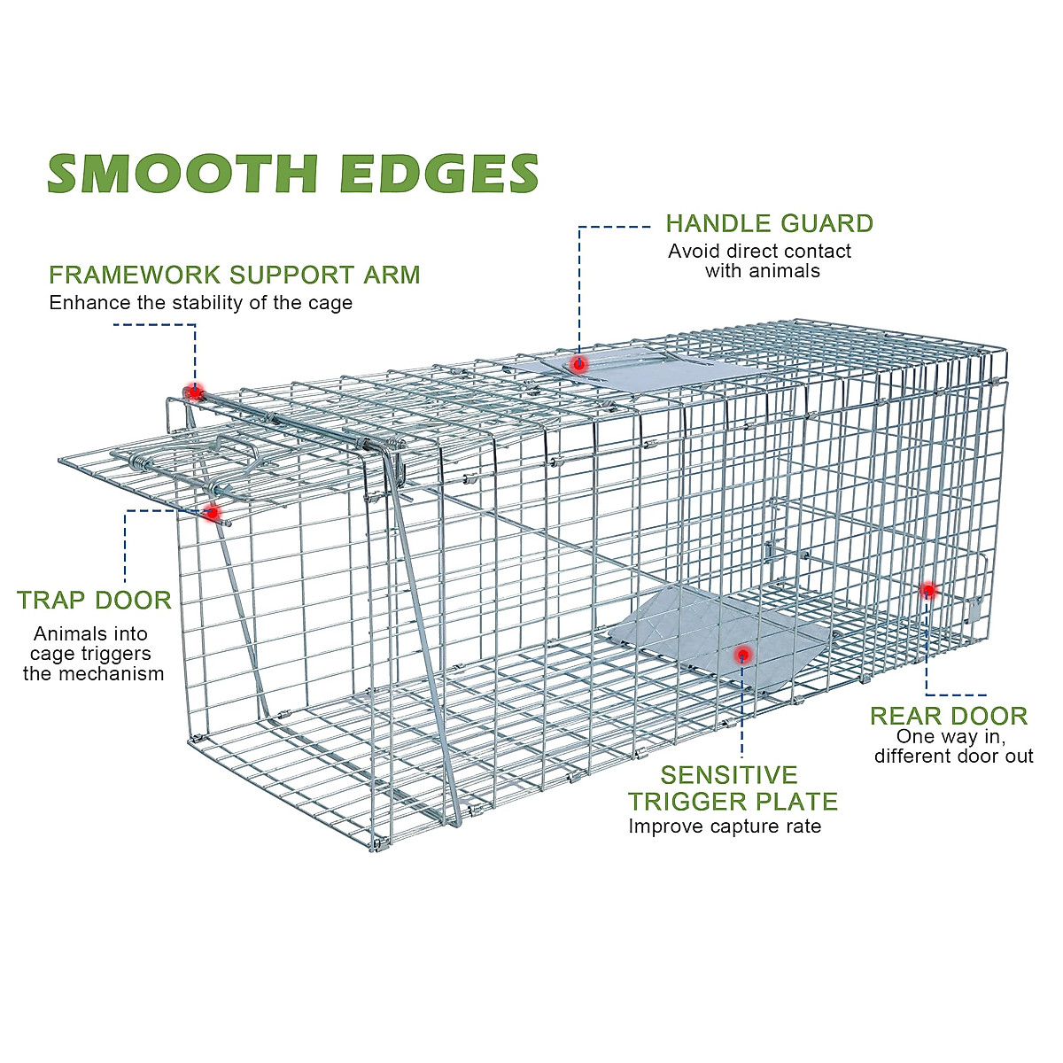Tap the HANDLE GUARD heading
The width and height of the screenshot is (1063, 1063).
(769, 223)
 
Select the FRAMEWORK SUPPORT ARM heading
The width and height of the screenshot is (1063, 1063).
(235, 275)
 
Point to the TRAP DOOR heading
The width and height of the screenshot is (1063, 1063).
(94, 601)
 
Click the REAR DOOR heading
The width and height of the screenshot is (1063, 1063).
(949, 716)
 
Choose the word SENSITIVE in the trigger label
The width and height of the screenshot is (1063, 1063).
(729, 775)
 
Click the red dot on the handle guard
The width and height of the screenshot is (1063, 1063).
(578, 364)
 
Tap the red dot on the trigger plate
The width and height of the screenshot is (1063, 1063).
(742, 655)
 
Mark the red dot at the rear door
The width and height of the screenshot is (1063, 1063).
(928, 590)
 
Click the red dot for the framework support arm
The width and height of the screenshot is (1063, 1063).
(194, 392)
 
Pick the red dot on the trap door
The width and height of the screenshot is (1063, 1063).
(212, 512)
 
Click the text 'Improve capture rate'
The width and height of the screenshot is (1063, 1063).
(725, 826)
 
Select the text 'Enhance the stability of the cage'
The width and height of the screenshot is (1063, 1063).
(201, 303)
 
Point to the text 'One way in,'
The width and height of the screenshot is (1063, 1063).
(951, 736)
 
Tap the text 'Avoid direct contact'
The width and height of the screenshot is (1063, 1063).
(759, 252)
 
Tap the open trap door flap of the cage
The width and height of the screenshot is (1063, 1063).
(133, 474)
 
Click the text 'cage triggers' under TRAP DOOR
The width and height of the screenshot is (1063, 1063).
(90, 654)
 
